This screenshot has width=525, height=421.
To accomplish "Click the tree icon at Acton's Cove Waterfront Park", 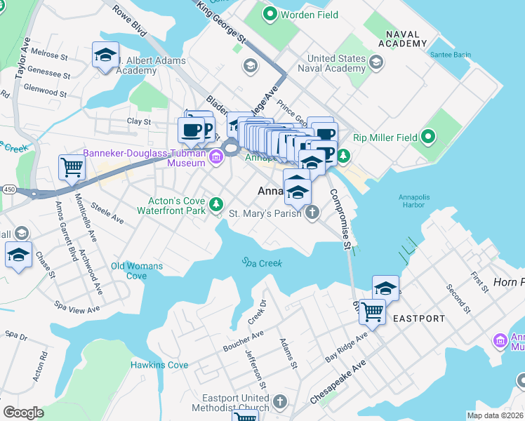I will pos(218,204).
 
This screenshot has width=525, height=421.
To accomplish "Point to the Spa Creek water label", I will pos(262,262).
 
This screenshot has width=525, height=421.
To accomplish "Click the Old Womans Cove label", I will pos(137,271).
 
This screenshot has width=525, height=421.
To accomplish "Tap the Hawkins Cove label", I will pos(159,365).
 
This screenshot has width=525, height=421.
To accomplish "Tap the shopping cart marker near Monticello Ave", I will pos(72,168).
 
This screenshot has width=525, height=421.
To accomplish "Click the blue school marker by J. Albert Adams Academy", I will pos(105,55).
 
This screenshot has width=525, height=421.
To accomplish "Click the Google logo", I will pos(23,413).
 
